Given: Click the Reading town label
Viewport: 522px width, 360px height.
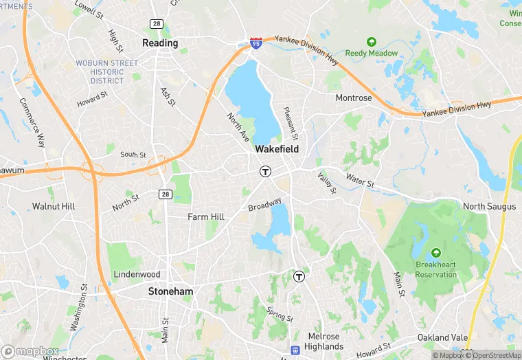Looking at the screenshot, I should coord(160,43).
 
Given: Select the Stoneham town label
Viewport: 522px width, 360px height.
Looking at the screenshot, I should coord(170,291).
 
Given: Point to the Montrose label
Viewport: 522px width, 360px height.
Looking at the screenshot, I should coord(354,98).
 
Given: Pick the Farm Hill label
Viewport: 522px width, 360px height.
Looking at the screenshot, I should coord(206,217).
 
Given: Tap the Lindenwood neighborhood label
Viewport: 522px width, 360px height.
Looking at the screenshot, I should coord(137,274).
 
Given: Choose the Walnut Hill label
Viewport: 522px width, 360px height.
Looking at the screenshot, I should coord(54,206).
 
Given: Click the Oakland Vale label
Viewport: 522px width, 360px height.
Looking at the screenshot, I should coord(443,337).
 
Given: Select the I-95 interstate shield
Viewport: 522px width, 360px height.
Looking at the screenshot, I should coord(256,43).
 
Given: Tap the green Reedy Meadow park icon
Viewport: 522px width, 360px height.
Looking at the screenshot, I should coord(372,42).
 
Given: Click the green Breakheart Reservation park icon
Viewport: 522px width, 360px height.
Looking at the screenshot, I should coord(436,253).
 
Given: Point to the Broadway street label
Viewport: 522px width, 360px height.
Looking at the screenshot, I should coord(264,205).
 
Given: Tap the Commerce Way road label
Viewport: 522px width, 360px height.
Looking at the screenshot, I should coord(32,123).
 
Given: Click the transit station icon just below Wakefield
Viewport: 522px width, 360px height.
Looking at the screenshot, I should coord(264,171).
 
